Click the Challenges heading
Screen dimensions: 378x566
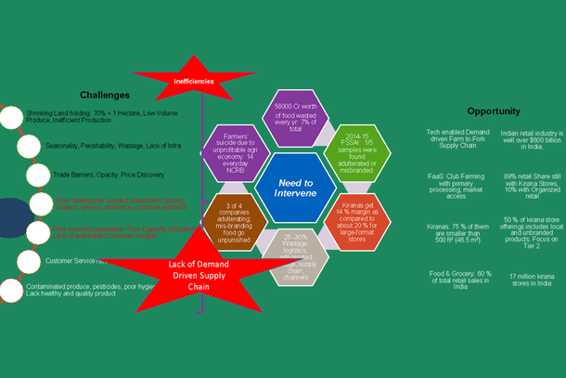pyautogui.click(x=104, y=95)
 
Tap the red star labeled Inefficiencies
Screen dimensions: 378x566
pyautogui.click(x=194, y=82)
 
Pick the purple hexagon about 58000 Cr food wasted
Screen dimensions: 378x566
pyautogui.click(x=296, y=115)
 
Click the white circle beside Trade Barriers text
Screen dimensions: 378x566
pyautogui.click(x=38, y=174)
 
